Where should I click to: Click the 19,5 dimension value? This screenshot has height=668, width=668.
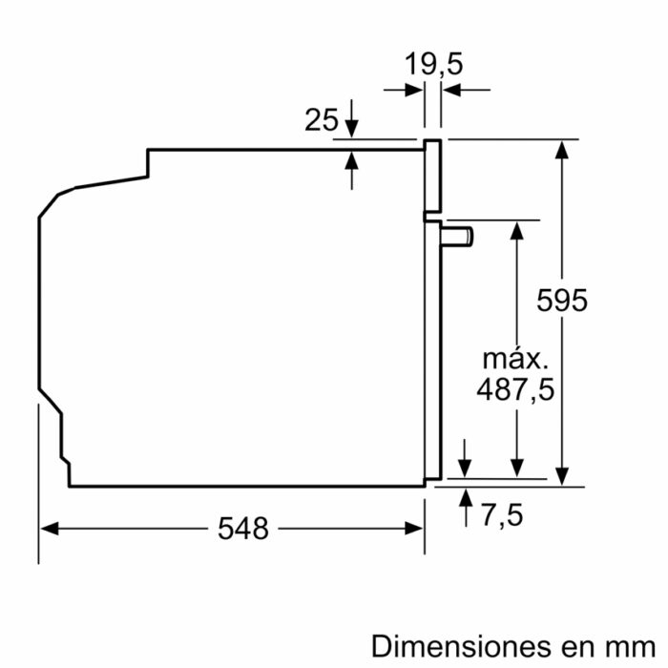pyautogui.click(x=432, y=65)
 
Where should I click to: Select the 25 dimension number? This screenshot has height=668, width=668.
pyautogui.click(x=322, y=120)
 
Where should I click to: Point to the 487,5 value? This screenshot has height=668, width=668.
pyautogui.click(x=516, y=389)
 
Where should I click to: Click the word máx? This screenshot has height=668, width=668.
pyautogui.click(x=516, y=359)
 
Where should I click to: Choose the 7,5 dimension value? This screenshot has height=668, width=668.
pyautogui.click(x=501, y=515)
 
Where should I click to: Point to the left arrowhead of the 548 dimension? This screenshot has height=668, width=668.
pyautogui.click(x=48, y=528)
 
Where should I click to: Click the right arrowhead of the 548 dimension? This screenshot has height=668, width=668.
pyautogui.click(x=415, y=528)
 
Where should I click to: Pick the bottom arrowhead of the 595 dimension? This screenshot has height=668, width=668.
pyautogui.click(x=563, y=475)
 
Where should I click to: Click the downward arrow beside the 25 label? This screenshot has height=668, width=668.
pyautogui.click(x=352, y=124)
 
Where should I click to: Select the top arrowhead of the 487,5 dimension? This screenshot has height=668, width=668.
pyautogui.click(x=516, y=229)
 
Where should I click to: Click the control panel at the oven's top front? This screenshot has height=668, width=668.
pyautogui.click(x=432, y=176)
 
